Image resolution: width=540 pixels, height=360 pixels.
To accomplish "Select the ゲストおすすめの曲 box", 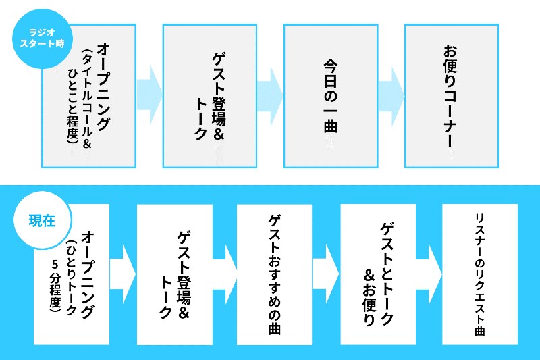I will pos(275,274).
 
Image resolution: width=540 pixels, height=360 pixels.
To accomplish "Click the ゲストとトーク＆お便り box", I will pos(379,274).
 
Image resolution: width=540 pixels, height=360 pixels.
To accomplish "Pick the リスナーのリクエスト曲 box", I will pos(480,274).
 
